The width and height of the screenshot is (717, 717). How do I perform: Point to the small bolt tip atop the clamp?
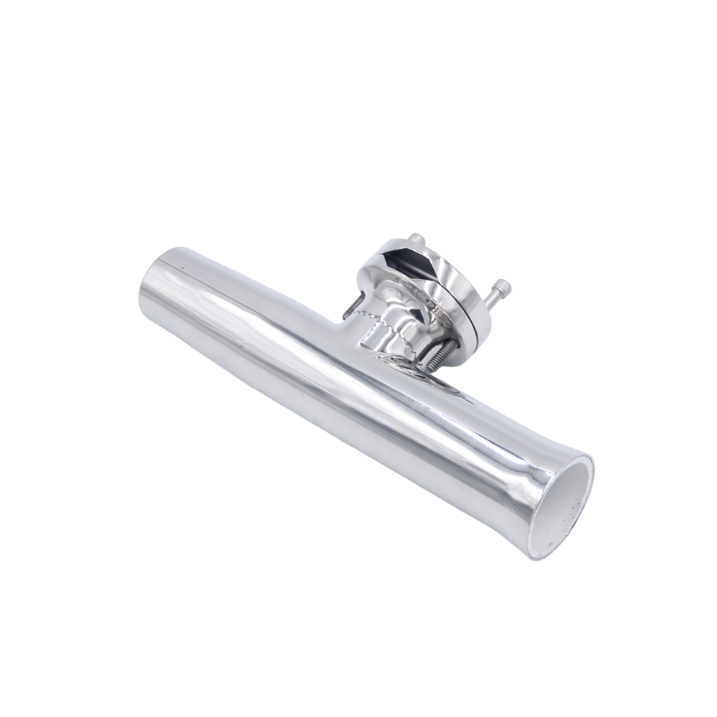coord(415,238)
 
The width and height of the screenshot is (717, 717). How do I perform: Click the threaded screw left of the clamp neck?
coord(351,307)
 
